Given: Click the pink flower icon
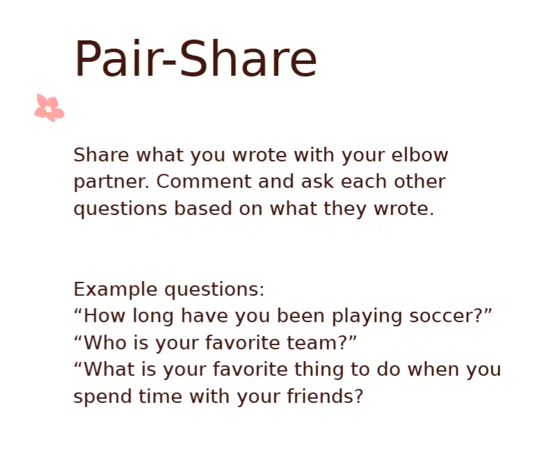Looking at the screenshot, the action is (x=49, y=108).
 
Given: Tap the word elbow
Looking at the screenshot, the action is (x=419, y=155).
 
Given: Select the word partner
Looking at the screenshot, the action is (x=111, y=182).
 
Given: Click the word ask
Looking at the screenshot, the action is (x=317, y=181).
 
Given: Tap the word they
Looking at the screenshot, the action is (x=345, y=209).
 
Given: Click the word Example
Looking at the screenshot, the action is (x=115, y=290).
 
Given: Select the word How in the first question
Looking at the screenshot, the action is (x=104, y=316).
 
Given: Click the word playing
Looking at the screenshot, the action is (x=367, y=317).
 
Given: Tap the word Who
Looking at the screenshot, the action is (x=105, y=342).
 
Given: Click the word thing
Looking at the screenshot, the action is (x=319, y=370).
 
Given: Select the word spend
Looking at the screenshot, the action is (x=103, y=397).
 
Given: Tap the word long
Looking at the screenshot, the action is (x=153, y=317).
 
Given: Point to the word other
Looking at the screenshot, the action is (x=419, y=181).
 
